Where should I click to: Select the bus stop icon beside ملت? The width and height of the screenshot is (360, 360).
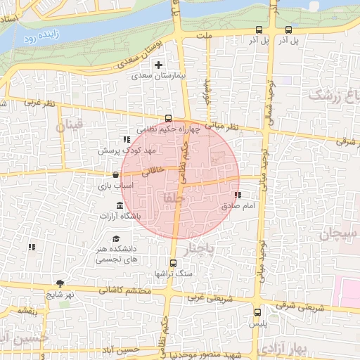tap(259, 30)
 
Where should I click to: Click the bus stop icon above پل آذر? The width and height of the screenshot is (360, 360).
tap(289, 30)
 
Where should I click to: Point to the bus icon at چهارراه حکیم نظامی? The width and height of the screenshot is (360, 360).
tap(168, 118)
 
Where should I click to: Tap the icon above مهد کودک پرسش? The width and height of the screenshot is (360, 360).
tap(127, 139)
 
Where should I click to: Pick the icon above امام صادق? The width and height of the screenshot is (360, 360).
tap(237, 195)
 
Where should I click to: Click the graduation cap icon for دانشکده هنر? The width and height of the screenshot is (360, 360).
tap(115, 238)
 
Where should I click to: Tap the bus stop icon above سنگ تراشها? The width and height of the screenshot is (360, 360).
tap(174, 262)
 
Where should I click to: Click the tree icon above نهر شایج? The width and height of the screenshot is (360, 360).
tap(60, 283)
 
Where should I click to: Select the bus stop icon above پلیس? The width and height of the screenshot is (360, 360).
tap(257, 312)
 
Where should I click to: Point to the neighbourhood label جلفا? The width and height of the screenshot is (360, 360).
tap(174, 200)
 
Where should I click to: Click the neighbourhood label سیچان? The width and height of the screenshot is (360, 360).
tap(340, 233)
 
